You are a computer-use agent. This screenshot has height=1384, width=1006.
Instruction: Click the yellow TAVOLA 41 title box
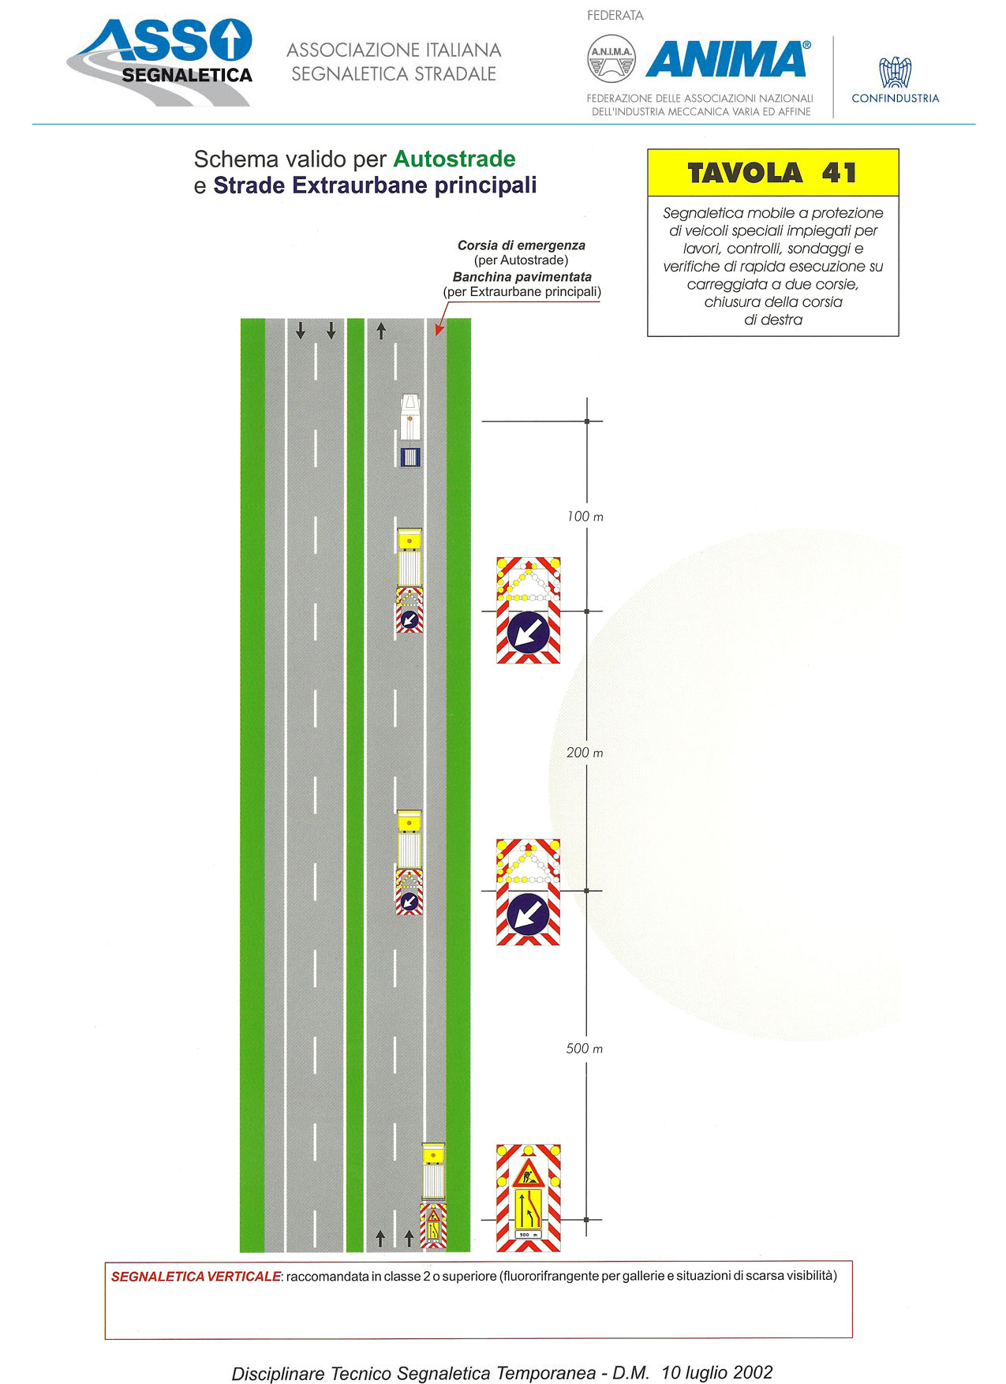click(772, 173)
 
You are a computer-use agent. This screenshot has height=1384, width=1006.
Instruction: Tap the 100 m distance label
click(585, 517)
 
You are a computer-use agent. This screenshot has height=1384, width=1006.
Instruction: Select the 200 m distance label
click(585, 753)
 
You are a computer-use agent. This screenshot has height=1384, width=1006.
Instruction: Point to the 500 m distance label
click(585, 1049)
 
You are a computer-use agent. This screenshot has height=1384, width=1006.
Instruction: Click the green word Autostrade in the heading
click(454, 159)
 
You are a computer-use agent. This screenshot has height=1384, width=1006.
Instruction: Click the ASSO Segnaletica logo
click(160, 62)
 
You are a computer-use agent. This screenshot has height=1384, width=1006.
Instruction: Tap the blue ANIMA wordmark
click(728, 59)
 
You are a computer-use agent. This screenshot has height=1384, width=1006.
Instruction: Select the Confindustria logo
click(896, 80)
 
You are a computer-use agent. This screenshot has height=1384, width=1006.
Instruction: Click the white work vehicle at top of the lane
click(410, 430)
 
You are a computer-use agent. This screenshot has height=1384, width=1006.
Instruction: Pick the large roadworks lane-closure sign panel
click(529, 1198)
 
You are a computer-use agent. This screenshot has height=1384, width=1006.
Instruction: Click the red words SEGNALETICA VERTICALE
click(196, 1277)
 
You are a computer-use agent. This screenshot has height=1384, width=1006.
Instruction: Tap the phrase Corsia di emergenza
click(522, 245)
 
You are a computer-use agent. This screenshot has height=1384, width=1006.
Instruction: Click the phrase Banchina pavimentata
click(522, 277)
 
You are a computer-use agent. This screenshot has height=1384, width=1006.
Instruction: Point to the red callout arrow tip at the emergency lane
click(436, 335)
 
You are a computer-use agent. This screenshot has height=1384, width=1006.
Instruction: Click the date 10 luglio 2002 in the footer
click(717, 1372)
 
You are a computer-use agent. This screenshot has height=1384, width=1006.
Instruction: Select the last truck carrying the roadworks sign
click(433, 1195)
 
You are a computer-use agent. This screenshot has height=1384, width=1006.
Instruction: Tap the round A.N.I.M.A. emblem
click(611, 58)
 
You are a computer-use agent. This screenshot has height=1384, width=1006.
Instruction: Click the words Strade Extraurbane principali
click(375, 186)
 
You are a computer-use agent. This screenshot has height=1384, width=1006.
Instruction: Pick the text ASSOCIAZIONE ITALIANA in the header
click(394, 50)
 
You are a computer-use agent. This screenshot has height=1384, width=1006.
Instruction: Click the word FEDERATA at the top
click(615, 16)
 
